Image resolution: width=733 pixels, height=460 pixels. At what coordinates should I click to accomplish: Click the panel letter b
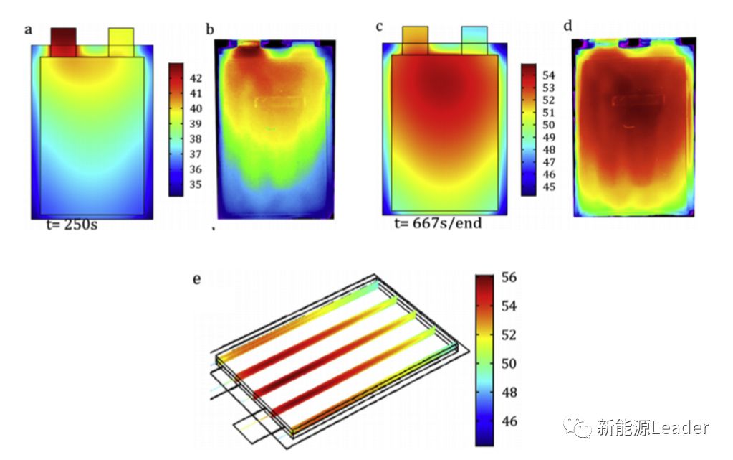click(x=210, y=29)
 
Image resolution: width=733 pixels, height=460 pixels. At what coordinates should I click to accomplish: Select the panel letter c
click(x=379, y=27)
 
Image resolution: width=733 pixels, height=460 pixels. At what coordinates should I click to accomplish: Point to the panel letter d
click(x=567, y=27)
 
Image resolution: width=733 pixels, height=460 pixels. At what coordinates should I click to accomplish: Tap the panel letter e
click(x=196, y=279)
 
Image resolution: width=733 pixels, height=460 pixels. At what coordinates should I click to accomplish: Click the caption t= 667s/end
click(x=438, y=223)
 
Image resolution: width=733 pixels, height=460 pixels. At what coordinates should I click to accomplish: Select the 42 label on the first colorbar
click(x=196, y=78)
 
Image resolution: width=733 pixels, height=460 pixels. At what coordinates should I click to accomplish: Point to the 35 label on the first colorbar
click(x=196, y=184)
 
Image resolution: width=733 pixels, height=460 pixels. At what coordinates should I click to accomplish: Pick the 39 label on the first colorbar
click(x=196, y=123)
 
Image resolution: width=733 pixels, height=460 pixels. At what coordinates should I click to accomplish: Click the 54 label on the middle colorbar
click(x=548, y=75)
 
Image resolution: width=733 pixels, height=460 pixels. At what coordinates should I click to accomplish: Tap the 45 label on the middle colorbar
click(x=548, y=187)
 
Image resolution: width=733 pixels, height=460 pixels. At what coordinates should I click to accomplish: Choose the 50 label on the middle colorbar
click(x=548, y=125)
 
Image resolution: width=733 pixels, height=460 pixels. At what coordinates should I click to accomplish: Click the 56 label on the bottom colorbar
click(x=509, y=278)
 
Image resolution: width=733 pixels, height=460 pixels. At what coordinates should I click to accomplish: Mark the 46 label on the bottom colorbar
click(x=509, y=421)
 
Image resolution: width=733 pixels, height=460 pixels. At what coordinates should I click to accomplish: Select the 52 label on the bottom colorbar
click(x=509, y=335)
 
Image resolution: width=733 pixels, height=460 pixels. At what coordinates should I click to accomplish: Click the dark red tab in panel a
click(x=63, y=42)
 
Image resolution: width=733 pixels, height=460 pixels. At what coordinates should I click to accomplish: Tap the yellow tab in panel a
click(x=120, y=42)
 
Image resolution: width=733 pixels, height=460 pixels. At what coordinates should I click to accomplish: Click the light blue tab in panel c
click(x=474, y=40)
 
